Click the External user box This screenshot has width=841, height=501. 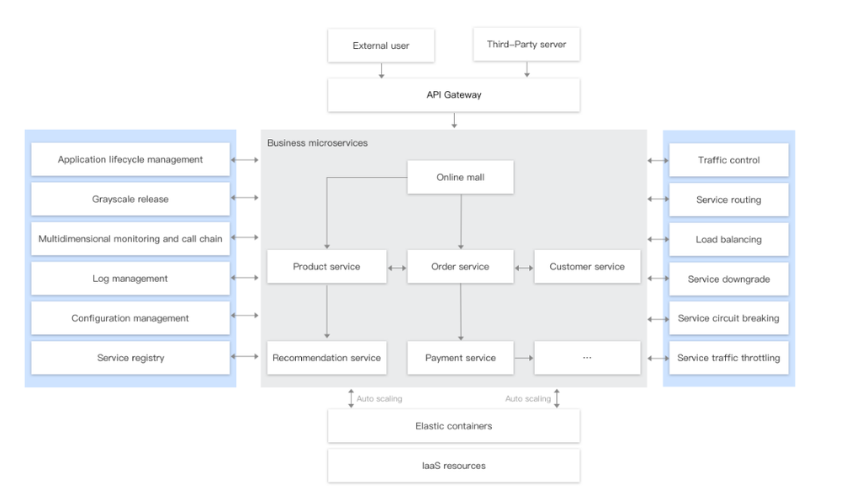click(381, 45)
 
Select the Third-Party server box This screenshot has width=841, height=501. click(526, 45)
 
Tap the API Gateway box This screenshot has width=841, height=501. click(453, 95)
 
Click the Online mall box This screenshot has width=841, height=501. click(460, 178)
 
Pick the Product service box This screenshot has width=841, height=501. click(326, 267)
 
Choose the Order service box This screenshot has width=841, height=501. click(460, 267)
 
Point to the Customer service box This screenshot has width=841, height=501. click(587, 267)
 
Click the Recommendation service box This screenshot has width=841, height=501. click(326, 358)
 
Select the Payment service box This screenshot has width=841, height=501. click(460, 358)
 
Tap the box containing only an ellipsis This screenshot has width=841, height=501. click(587, 358)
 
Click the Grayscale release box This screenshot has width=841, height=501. click(130, 200)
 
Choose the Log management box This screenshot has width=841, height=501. click(130, 279)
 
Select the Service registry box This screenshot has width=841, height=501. click(130, 358)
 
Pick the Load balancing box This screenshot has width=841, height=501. click(728, 239)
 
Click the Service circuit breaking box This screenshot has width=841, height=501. click(728, 318)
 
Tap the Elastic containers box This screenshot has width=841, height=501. click(453, 426)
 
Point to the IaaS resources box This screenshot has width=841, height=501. click(453, 466)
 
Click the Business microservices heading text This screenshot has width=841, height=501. click(317, 143)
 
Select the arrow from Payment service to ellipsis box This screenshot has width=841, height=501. click(524, 358)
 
